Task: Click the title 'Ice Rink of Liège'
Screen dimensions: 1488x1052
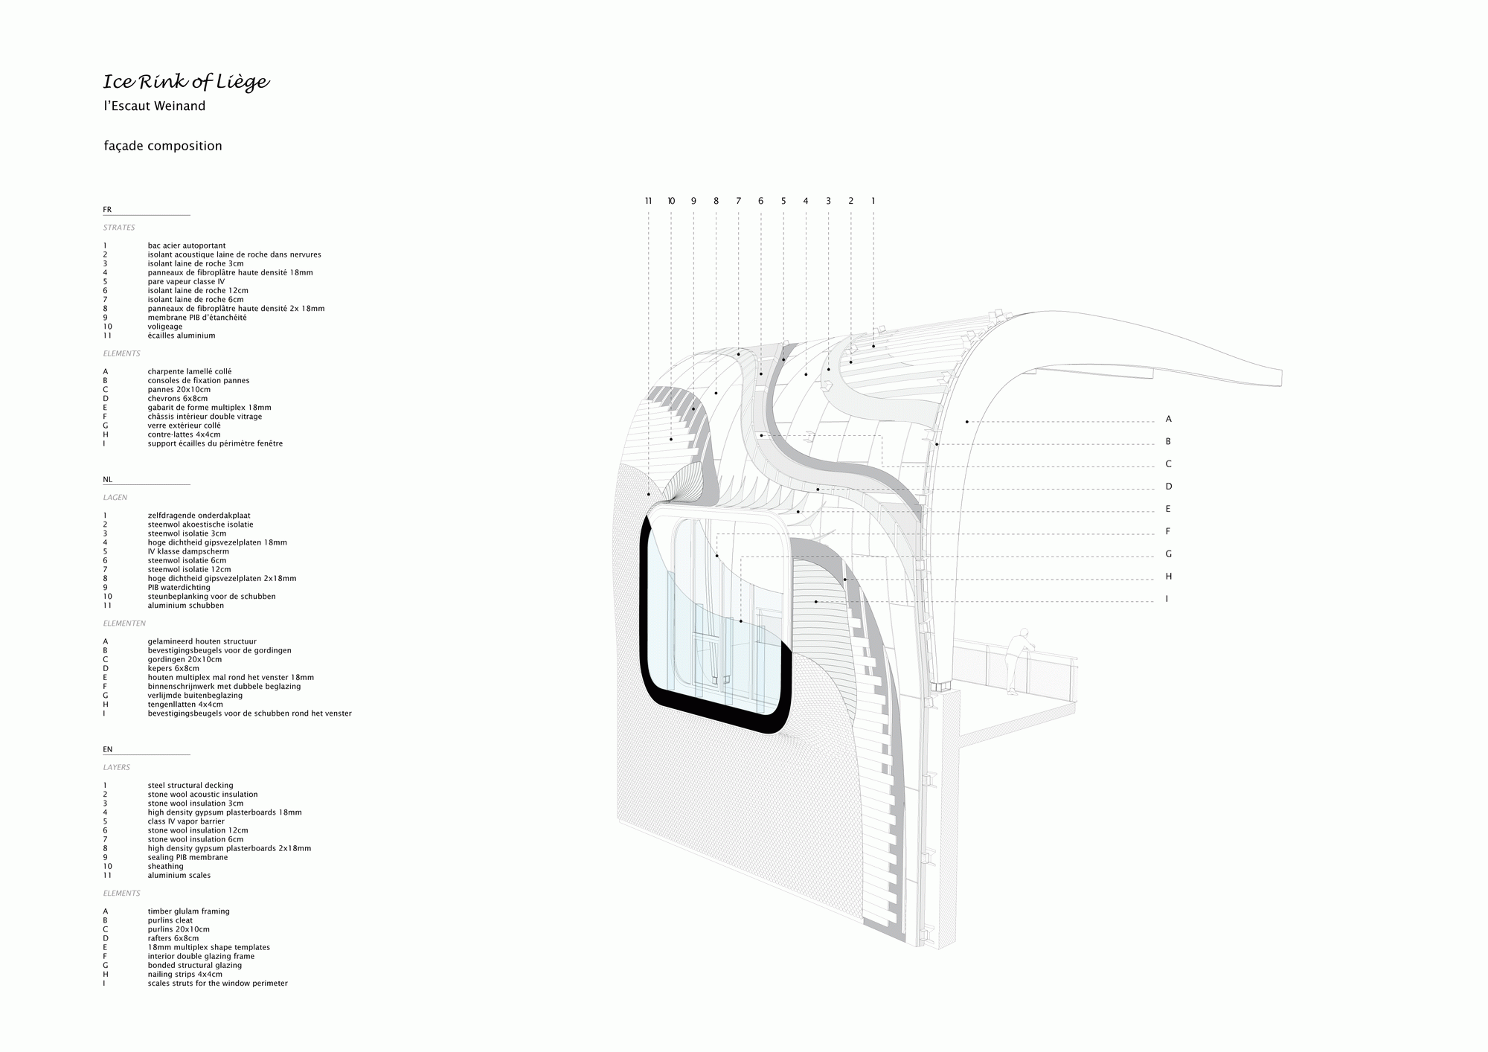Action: click(x=186, y=82)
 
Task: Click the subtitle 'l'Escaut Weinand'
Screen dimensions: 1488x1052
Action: click(x=155, y=106)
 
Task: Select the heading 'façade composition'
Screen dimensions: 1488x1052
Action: click(x=163, y=146)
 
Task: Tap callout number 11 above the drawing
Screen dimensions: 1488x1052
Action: click(x=649, y=201)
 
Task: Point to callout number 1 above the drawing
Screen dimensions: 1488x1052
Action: click(x=873, y=201)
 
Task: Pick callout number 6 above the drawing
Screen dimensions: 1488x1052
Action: click(x=761, y=201)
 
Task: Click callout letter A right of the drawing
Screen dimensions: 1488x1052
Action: click(x=1168, y=420)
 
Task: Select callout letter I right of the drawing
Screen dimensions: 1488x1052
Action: click(x=1167, y=599)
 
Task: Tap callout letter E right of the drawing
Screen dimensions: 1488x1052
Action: click(x=1168, y=509)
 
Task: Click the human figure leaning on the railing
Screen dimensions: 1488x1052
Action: click(x=1017, y=661)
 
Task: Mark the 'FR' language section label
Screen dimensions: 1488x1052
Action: click(x=107, y=210)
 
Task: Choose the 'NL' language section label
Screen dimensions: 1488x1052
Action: click(x=108, y=480)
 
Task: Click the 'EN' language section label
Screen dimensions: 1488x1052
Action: click(x=108, y=750)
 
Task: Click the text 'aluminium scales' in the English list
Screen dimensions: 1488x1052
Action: click(x=179, y=876)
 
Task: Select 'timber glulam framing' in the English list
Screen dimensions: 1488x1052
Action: click(x=189, y=911)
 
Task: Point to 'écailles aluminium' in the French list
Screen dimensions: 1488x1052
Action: click(x=182, y=336)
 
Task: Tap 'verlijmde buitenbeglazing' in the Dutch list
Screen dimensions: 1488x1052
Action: click(x=195, y=696)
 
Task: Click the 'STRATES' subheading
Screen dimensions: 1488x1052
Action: click(x=119, y=228)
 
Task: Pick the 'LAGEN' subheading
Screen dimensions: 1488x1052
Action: click(x=115, y=498)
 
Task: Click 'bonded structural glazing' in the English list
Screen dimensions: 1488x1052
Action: click(x=195, y=966)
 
